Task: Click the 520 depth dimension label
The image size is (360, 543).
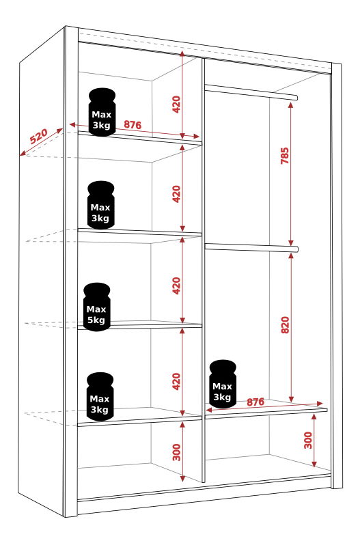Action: (x=39, y=136)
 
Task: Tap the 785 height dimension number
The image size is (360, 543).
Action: (x=284, y=156)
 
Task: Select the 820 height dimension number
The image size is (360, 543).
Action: (x=285, y=325)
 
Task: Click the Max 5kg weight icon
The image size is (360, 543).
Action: (x=97, y=307)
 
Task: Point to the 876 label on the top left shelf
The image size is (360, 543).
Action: (x=133, y=124)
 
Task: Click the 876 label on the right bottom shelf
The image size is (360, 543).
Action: (x=255, y=402)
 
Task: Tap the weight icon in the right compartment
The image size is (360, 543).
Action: (x=223, y=384)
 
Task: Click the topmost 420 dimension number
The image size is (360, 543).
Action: (x=176, y=105)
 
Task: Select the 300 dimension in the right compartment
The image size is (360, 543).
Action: (x=308, y=440)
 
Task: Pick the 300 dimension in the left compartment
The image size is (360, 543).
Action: (x=177, y=452)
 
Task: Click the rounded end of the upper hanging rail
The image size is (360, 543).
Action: (x=296, y=97)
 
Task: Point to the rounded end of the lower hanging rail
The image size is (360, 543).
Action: (x=296, y=249)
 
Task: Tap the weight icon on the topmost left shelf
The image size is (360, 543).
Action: (x=102, y=112)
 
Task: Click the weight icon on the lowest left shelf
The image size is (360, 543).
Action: (x=100, y=397)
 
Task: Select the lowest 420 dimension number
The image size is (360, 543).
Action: (x=177, y=381)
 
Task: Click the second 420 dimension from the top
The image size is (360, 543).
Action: (x=177, y=194)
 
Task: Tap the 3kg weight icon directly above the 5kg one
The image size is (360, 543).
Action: (x=101, y=205)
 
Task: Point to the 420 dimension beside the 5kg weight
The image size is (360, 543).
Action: (x=177, y=286)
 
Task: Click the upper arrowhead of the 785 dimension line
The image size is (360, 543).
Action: (x=291, y=105)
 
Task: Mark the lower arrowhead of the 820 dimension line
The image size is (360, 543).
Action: (x=292, y=400)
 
